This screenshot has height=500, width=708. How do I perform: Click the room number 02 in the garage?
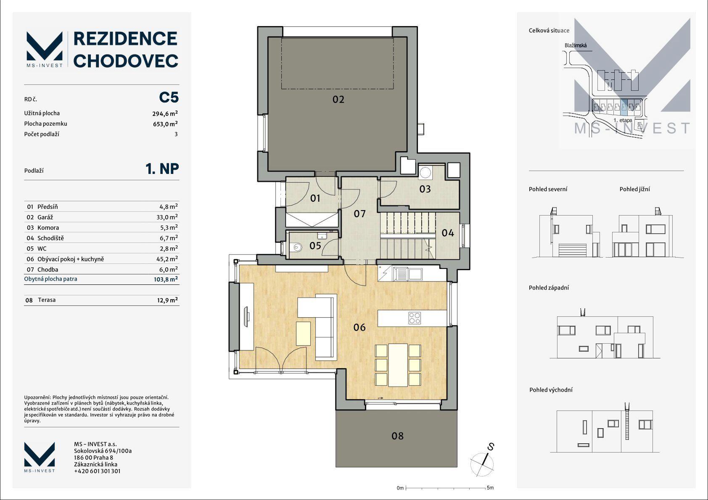[338, 100]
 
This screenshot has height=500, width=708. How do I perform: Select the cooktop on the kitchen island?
[415, 318]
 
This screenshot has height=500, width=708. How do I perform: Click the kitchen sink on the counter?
[408, 274]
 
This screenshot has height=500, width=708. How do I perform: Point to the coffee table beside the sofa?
[304, 333]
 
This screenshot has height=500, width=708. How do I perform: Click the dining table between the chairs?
[398, 365]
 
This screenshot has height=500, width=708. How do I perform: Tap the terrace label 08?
[397, 436]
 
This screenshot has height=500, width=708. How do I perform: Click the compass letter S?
[491, 447]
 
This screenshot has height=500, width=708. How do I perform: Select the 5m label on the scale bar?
[490, 488]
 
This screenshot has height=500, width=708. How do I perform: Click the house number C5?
[169, 97]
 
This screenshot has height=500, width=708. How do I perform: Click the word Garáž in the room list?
[45, 217]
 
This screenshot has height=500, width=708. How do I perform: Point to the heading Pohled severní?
[548, 189]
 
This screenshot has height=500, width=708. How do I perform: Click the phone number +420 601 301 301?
[98, 471]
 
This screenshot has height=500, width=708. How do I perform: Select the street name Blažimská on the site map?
[576, 45]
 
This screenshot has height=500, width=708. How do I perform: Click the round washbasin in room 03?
[425, 172]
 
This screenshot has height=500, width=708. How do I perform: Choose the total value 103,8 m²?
[166, 279]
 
